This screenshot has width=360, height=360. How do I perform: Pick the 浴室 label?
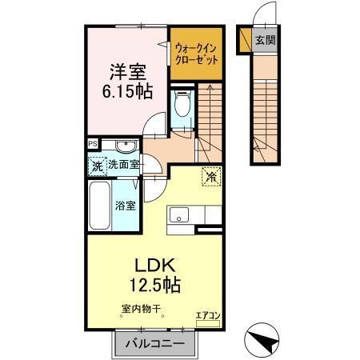click(x=127, y=205)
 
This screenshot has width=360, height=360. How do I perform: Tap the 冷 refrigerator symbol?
click(x=211, y=177)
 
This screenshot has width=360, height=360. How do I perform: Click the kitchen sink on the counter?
click(x=178, y=215)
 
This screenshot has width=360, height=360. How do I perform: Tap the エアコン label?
click(x=207, y=315)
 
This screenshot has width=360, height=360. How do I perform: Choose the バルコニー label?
click(x=156, y=343)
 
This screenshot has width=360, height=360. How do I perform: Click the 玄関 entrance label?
click(x=264, y=39)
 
